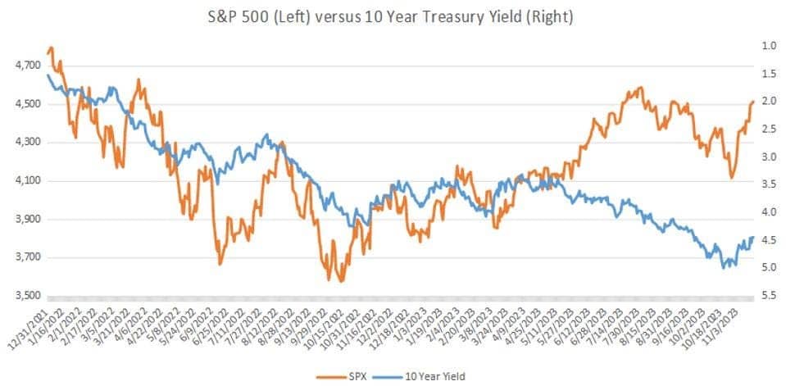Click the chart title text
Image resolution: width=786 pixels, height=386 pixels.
(x=392, y=17)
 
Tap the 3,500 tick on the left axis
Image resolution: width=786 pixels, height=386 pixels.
(x=25, y=296)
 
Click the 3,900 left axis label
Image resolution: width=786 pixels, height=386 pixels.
(x=25, y=220)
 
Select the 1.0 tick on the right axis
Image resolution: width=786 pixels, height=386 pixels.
(x=769, y=46)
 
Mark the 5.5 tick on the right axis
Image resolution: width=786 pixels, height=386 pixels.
(x=769, y=295)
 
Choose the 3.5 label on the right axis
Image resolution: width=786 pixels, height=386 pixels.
(x=769, y=184)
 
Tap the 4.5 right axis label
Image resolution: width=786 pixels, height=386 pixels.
(x=769, y=240)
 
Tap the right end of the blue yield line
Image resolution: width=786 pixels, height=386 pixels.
(x=752, y=238)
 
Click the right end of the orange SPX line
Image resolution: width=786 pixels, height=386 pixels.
(x=753, y=102)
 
